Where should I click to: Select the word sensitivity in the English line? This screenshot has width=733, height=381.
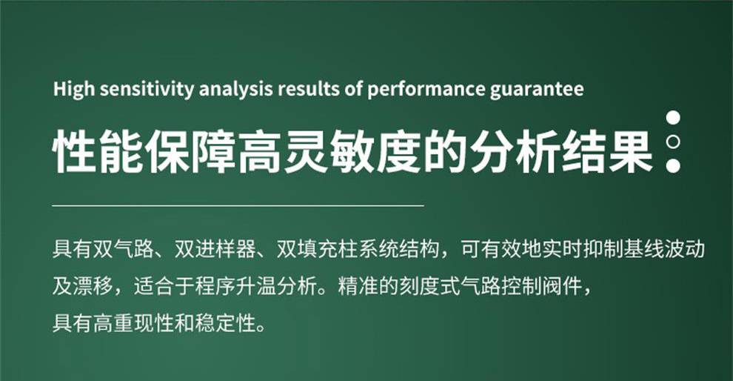pos(147,90)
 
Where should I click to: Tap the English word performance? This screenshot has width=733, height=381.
pos(426,90)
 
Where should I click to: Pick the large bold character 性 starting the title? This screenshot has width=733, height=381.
pos(74,150)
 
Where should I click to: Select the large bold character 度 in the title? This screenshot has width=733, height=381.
pos(398,150)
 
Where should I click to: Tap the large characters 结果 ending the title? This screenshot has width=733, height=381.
pos(607,150)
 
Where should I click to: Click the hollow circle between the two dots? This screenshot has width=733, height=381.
pos(673,142)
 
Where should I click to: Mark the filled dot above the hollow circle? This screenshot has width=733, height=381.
pos(673,117)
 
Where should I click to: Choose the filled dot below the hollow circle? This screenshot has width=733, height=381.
pos(673,165)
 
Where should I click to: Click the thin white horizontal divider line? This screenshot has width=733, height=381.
pos(238,205)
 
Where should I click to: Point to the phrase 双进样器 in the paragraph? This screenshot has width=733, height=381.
pos(215,249)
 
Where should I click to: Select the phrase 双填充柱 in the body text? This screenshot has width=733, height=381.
pos(318,249)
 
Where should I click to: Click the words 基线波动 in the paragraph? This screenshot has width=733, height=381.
pos(664,249)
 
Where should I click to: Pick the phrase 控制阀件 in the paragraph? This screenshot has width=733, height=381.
pos(542,286)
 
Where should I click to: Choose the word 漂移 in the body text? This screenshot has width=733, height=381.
pos(93,286)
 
